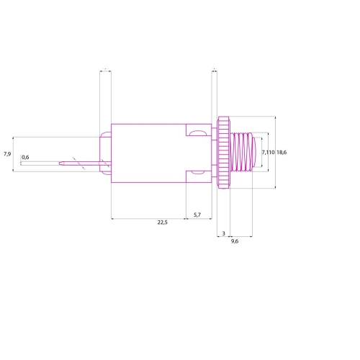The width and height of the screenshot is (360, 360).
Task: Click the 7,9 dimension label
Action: pyautogui.click(x=7, y=154)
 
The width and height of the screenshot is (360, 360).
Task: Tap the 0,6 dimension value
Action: pyautogui.click(x=25, y=157)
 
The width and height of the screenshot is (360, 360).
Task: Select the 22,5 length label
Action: pyautogui.click(x=163, y=222)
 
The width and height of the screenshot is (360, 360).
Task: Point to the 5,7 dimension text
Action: pyautogui.click(x=197, y=215)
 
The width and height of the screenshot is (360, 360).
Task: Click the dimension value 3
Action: pyautogui.click(x=224, y=233)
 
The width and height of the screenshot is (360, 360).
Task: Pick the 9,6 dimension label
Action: pyautogui.click(x=235, y=241)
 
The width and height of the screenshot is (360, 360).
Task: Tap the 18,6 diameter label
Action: pyautogui.click(x=282, y=153)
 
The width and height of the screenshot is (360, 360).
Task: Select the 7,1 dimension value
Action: pyautogui.click(x=265, y=153)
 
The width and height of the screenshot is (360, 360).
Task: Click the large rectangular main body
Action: pyautogui.click(x=149, y=153)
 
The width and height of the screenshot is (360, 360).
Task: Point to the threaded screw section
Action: pyautogui.click(x=242, y=152)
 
